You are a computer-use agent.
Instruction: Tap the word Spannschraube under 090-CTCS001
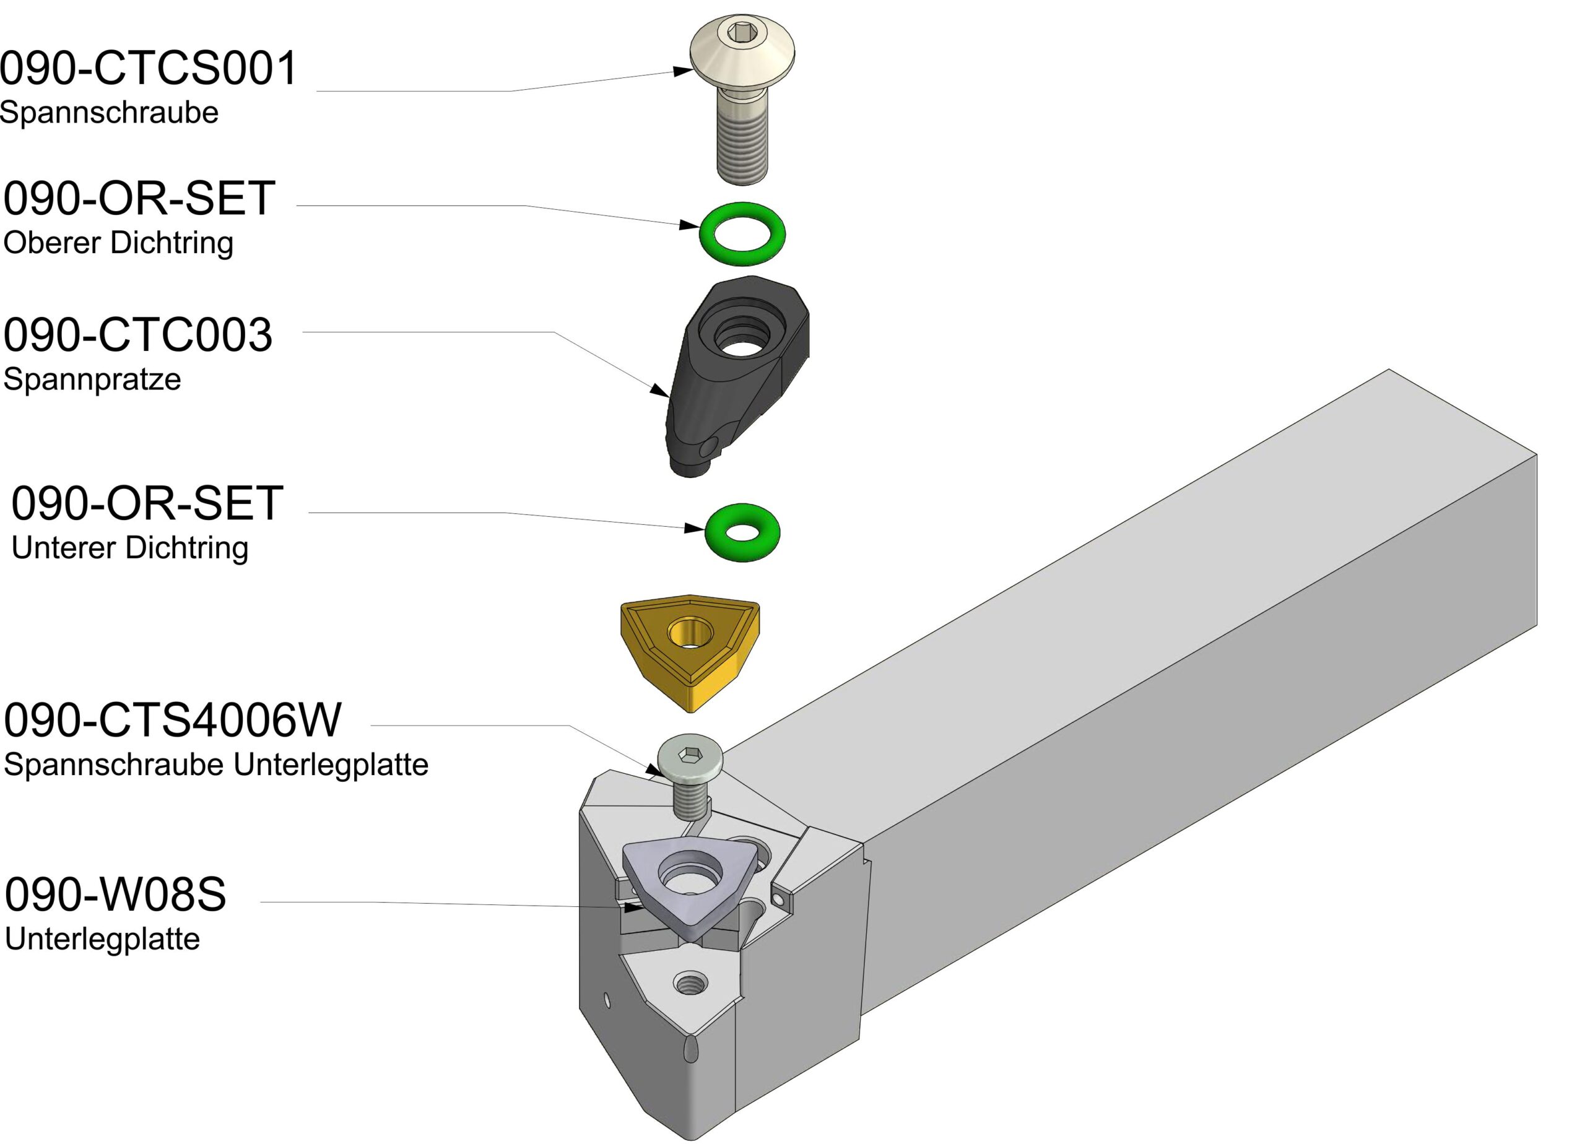pos(109,113)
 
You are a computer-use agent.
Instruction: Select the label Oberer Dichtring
pos(118,243)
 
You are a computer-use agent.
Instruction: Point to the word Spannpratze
pos(92,379)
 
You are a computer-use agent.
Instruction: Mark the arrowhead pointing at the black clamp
pos(660,390)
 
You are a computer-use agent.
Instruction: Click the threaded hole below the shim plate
pos(690,984)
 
